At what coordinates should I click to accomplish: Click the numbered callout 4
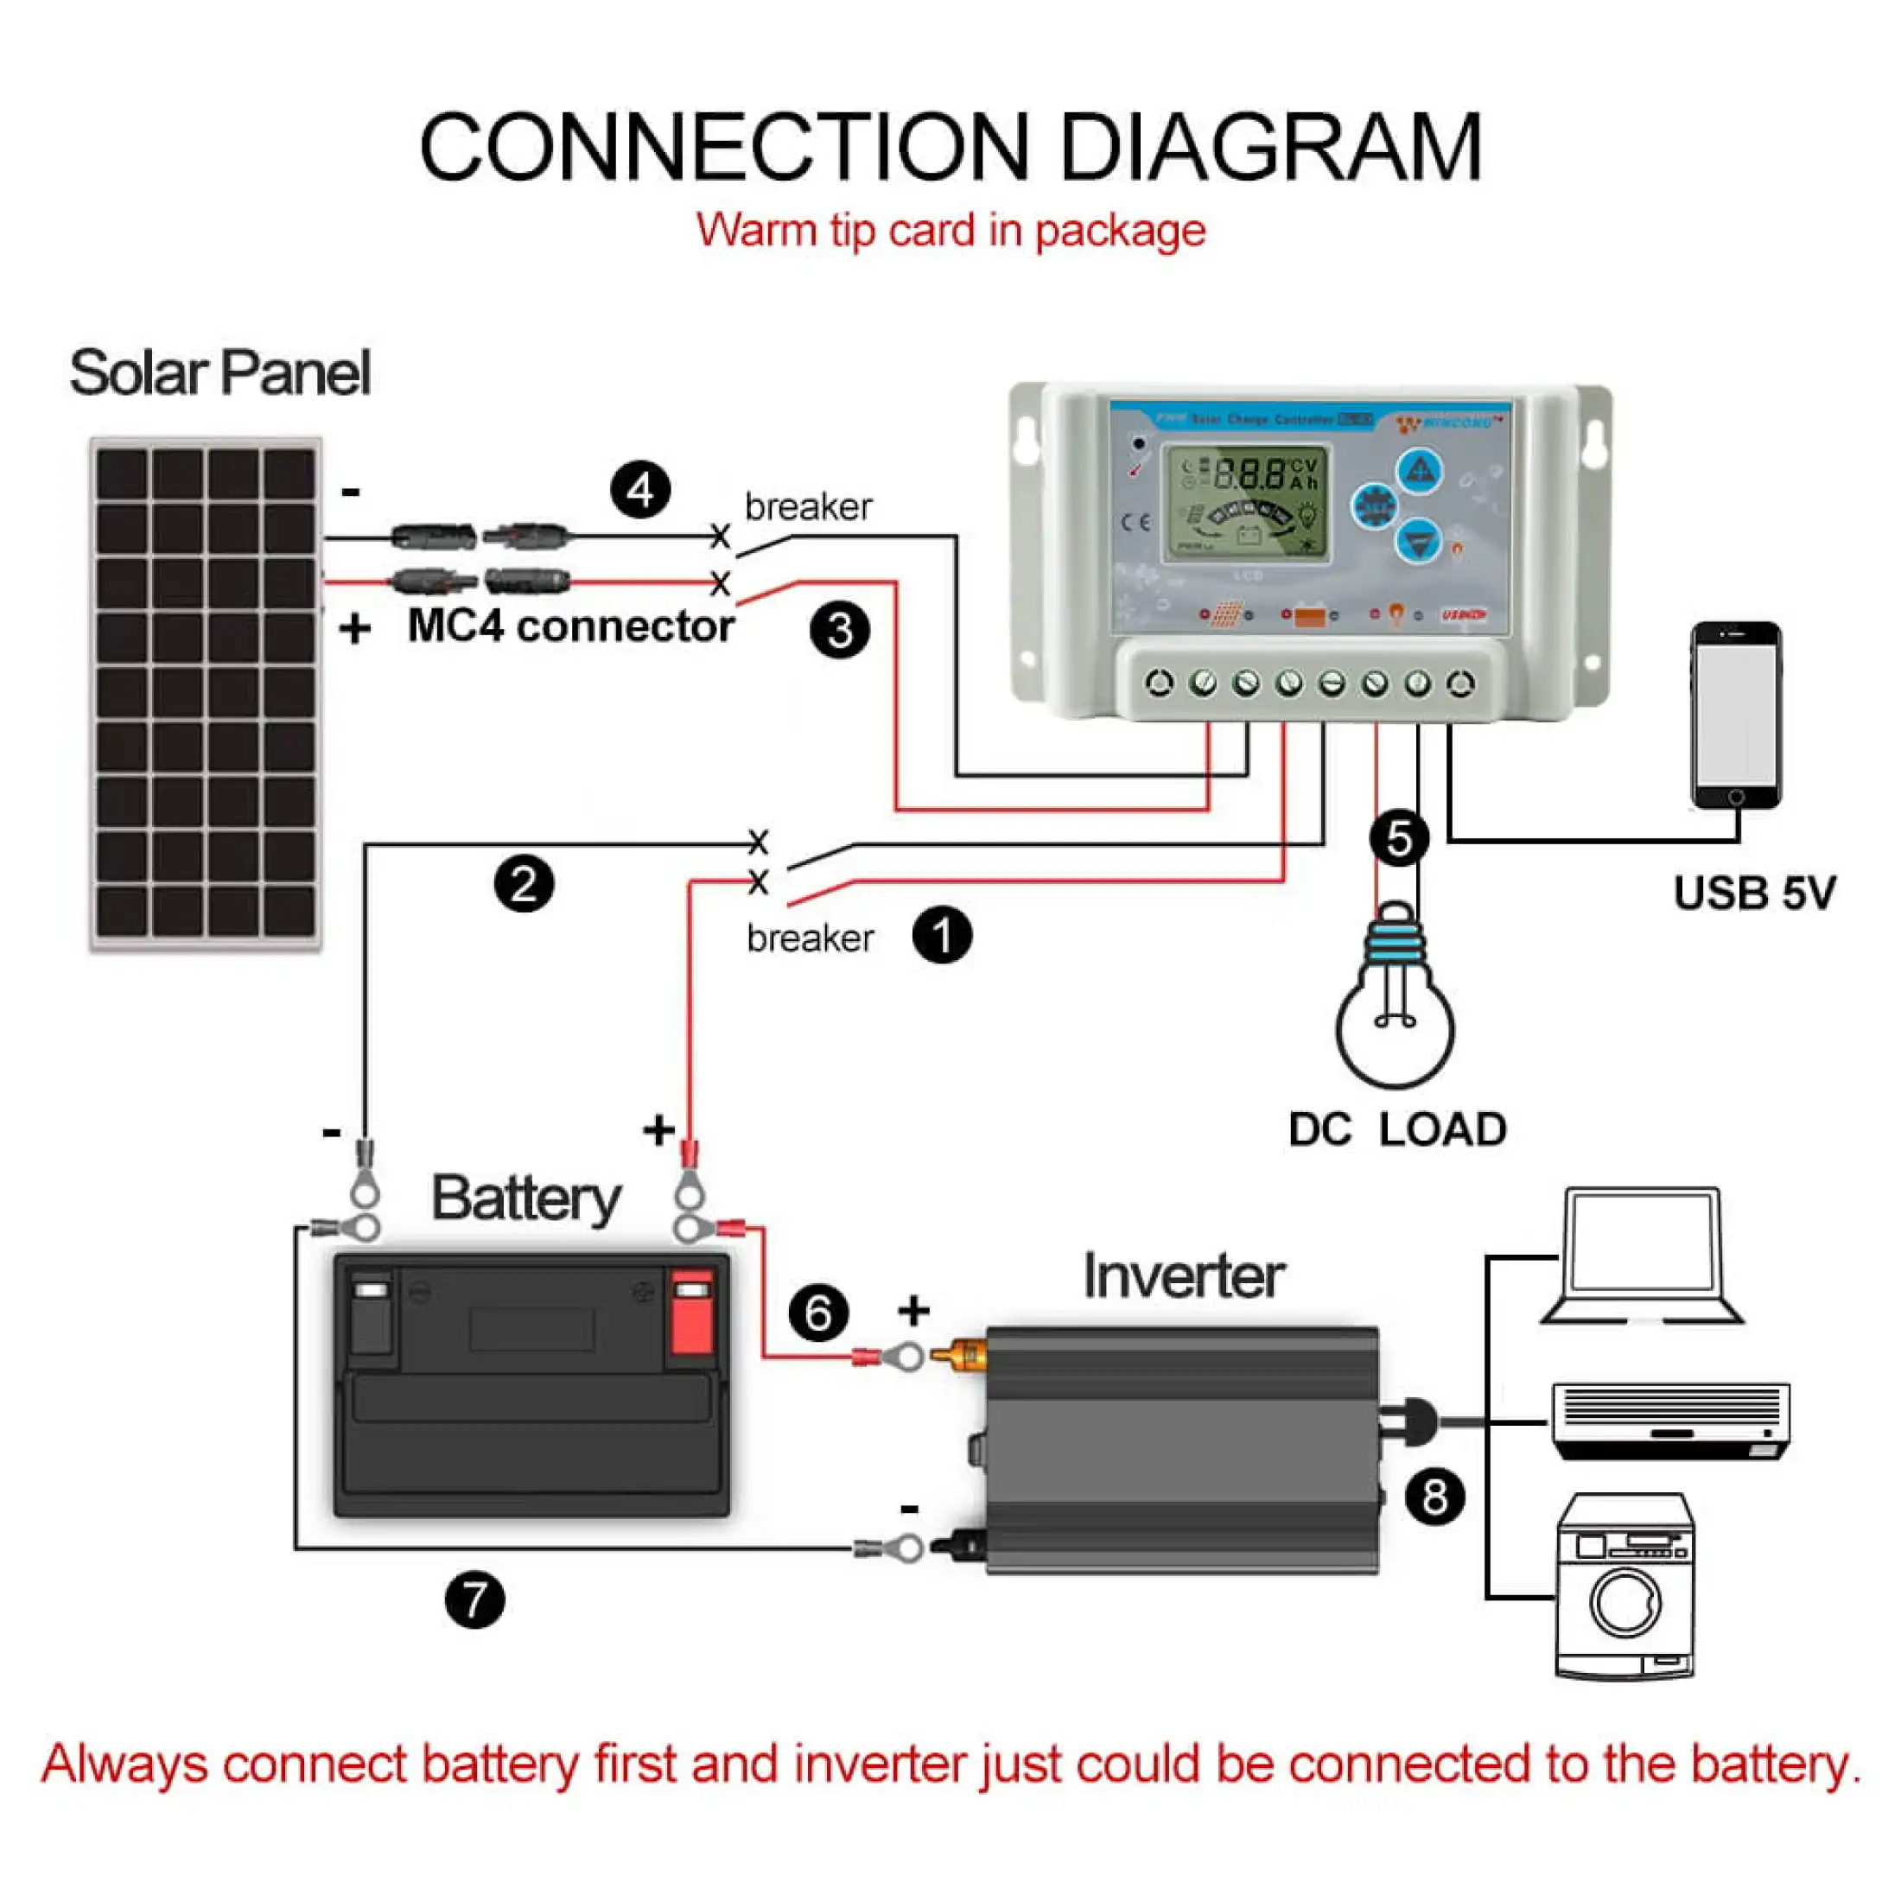coord(640,490)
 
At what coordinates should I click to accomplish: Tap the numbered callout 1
coord(942,935)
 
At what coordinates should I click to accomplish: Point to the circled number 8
coord(1434,1497)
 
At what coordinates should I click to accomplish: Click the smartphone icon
coord(1736,715)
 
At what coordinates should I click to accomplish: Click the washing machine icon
coord(1625,1586)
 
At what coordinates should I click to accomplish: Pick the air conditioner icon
coord(1671,1421)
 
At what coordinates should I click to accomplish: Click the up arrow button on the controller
coord(1419,471)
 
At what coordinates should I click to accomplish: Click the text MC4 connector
coord(570,626)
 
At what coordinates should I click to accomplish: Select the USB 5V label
coord(1754,893)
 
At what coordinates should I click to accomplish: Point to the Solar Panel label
coord(219,373)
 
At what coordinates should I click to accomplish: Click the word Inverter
coord(1184,1276)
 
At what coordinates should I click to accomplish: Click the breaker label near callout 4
coord(808,506)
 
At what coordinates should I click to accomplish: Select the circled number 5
coord(1398,839)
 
